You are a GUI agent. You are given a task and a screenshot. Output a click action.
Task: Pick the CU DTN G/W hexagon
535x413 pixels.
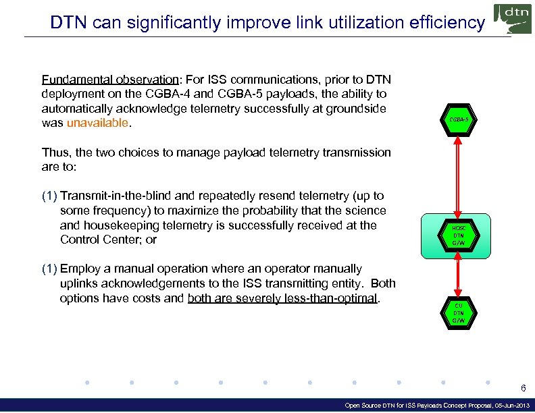click(x=459, y=312)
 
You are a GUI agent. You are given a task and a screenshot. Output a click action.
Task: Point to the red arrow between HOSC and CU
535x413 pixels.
click(x=459, y=275)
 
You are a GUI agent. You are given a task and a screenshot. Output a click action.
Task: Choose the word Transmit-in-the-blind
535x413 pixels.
click(x=116, y=196)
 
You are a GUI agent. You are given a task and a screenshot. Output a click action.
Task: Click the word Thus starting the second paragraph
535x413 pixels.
click(x=55, y=152)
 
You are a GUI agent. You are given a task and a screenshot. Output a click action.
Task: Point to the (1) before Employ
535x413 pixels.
click(x=49, y=269)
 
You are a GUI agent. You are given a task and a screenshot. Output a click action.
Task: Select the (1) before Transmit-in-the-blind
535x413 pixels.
click(x=49, y=196)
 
